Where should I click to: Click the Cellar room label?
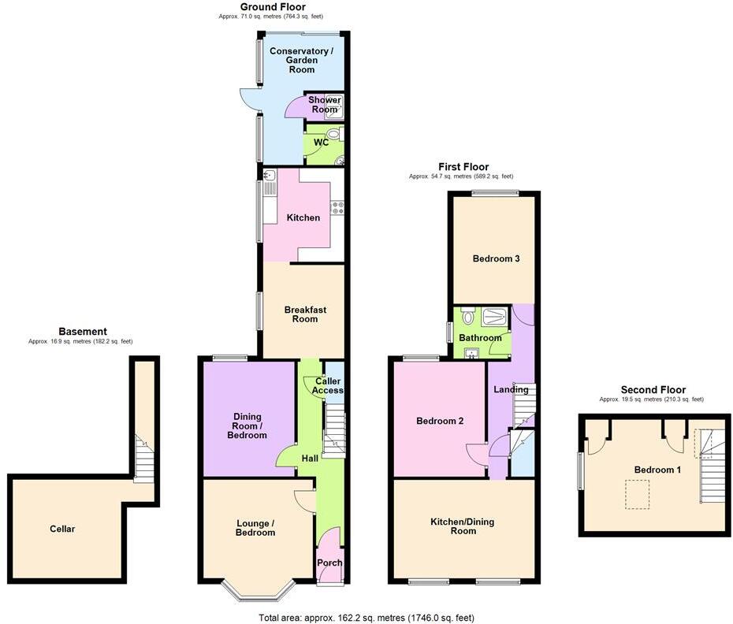pyautogui.click(x=62, y=529)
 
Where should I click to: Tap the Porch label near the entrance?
pyautogui.click(x=329, y=563)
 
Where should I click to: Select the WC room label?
pyautogui.click(x=322, y=143)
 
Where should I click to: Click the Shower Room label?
pyautogui.click(x=324, y=105)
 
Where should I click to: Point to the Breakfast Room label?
pyautogui.click(x=305, y=314)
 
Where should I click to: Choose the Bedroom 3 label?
pyautogui.click(x=496, y=258)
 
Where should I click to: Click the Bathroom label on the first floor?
pyautogui.click(x=481, y=338)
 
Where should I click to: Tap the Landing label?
pyautogui.click(x=511, y=390)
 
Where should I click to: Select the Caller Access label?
pyautogui.click(x=328, y=386)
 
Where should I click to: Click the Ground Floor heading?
pyautogui.click(x=272, y=6)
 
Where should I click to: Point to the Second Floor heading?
pyautogui.click(x=653, y=389)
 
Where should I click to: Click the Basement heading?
pyautogui.click(x=83, y=332)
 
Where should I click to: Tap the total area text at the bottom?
pyautogui.click(x=366, y=618)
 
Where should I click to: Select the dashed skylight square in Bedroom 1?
pyautogui.click(x=638, y=495)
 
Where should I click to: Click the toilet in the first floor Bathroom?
pyautogui.click(x=468, y=317)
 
